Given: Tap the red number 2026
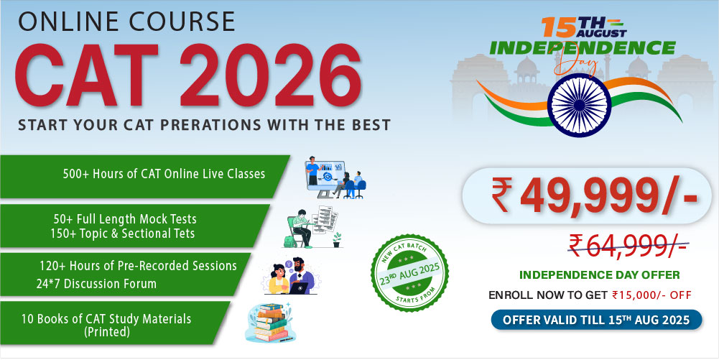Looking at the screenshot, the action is coord(270,75).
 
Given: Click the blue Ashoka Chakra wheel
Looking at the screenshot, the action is coord(579,105).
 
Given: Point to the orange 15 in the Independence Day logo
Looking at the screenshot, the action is coord(558,27).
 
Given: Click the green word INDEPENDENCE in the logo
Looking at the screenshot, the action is coord(583,47).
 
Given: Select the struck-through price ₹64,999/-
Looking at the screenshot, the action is coord(628,245).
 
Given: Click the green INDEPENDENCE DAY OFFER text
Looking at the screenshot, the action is coord(599,275).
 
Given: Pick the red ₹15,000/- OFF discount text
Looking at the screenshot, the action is coord(651,295).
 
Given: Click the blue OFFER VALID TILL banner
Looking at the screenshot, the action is coord(596,320).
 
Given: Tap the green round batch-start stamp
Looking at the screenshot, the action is coord(409,273).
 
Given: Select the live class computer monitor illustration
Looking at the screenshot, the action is coord(335,177).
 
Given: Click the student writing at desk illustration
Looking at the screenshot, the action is coord(313,227).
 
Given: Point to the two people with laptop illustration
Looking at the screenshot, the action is coord(292,276).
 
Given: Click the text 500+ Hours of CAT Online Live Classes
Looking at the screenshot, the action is coord(164,174).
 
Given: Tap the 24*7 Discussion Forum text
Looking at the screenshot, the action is coord(96,284).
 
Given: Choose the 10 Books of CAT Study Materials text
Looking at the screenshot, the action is coord(106,324).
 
